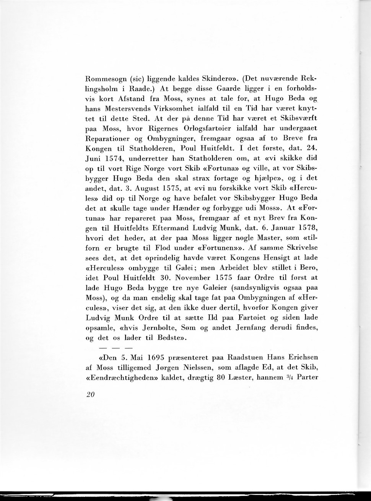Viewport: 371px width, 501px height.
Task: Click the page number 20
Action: [90, 395]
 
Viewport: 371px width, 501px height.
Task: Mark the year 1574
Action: [115, 158]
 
